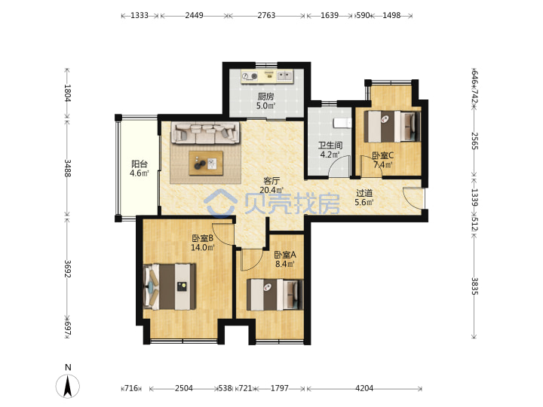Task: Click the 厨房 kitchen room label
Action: pos(265,96)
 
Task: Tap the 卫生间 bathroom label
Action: pos(330,145)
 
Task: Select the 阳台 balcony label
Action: pos(140,164)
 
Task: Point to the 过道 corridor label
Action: pos(364,193)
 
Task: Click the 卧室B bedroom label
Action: pos(203,238)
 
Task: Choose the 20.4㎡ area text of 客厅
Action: pos(271,190)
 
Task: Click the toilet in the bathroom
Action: pos(342,123)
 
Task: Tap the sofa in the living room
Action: pos(206,133)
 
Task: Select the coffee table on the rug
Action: pos(206,163)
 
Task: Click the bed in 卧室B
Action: pos(170,286)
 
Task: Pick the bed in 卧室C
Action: pos(392,127)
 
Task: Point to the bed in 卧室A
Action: pos(275,295)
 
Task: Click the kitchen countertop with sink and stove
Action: pos(267,76)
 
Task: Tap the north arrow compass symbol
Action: pos(68,386)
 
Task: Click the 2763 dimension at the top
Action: pos(266,15)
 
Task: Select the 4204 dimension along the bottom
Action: pos(364,388)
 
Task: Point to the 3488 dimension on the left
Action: pos(68,168)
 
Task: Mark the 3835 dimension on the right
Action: pos(474,286)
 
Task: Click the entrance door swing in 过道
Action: pos(413,198)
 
